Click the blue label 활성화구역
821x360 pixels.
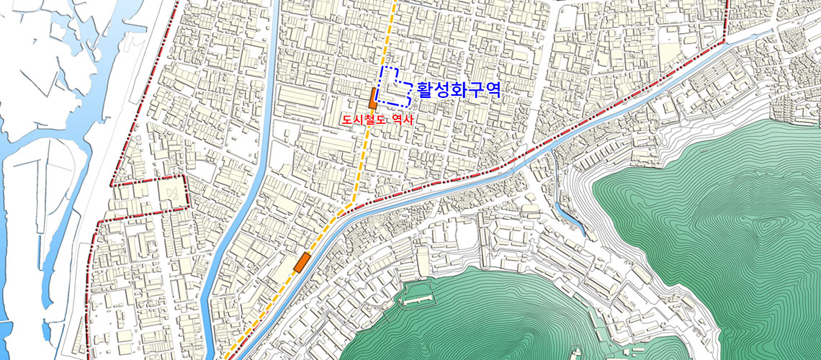click(x=458, y=91)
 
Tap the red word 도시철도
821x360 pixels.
click(x=360, y=120)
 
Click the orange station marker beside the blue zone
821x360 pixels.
click(x=373, y=99)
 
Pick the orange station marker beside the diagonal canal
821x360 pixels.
click(x=302, y=263)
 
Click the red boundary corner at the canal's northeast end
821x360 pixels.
click(x=723, y=42)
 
